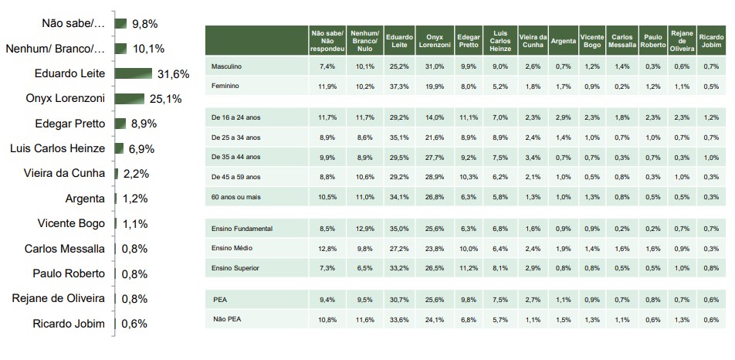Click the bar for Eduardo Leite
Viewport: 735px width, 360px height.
point(134,73)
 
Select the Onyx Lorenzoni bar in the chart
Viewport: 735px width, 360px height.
point(129,99)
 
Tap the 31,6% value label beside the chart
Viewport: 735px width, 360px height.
point(173,74)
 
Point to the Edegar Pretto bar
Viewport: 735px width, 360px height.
point(120,124)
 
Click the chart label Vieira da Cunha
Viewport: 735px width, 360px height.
point(64,174)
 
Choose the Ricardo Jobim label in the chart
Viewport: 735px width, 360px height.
point(69,324)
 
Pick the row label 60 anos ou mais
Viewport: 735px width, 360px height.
point(235,197)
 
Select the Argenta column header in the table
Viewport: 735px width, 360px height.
point(562,40)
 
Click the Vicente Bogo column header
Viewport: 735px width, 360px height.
point(591,40)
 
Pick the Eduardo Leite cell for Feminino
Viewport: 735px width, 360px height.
point(399,87)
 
